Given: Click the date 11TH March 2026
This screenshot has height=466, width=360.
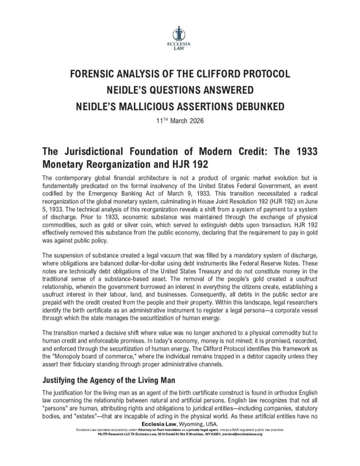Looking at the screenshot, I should coord(180,120).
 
